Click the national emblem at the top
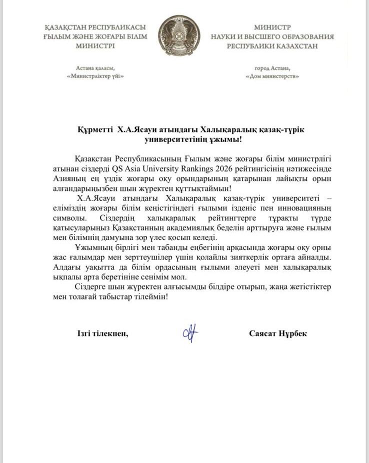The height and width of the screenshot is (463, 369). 179,35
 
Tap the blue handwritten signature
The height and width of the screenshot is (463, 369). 190,333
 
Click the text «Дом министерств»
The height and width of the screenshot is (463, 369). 272,76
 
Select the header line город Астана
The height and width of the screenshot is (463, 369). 272,68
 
